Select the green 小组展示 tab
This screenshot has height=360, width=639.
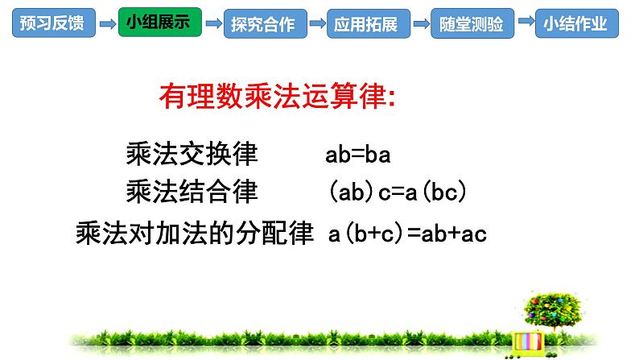pyautogui.click(x=158, y=23)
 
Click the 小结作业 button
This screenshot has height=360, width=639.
pyautogui.click(x=577, y=23)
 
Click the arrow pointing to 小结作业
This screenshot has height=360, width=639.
pyautogui.click(x=525, y=24)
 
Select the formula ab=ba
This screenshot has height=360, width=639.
pyautogui.click(x=358, y=154)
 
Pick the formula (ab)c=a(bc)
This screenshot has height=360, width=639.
pyautogui.click(x=398, y=192)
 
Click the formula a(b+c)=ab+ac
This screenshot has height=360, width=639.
pyautogui.click(x=408, y=234)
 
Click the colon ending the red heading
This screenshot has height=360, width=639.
pyautogui.click(x=390, y=100)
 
